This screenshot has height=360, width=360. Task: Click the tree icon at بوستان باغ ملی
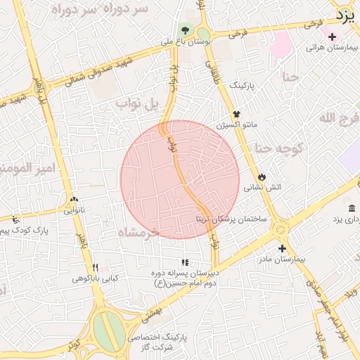[185, 30]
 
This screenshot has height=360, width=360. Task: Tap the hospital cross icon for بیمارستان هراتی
[332, 37]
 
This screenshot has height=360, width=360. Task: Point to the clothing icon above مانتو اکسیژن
[236, 113]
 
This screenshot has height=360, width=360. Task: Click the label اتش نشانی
[262, 188]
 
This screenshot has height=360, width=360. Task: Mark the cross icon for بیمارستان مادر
[282, 248]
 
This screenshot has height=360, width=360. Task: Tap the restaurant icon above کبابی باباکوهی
[96, 267]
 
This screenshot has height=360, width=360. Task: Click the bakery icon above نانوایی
[74, 199]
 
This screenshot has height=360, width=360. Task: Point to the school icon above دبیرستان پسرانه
[185, 262]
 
